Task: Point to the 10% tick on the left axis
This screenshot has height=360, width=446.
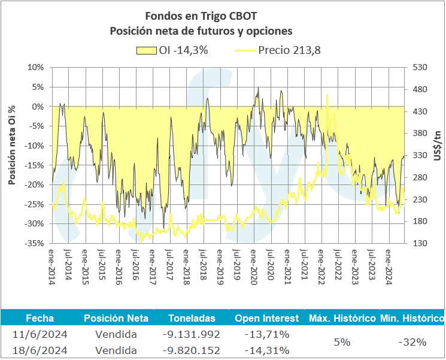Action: point(37,67)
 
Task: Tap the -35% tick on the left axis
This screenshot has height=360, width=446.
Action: point(35,243)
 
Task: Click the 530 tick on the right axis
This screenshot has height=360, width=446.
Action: point(418,67)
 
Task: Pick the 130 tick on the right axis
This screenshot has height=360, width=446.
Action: point(418,243)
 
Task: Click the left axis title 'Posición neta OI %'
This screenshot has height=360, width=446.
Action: point(11,147)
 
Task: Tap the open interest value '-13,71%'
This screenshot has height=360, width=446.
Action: point(267,334)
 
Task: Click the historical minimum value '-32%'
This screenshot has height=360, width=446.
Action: point(412,342)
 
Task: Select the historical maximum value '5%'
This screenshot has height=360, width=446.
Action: point(342,342)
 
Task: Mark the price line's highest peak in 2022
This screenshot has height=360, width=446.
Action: point(327,95)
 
